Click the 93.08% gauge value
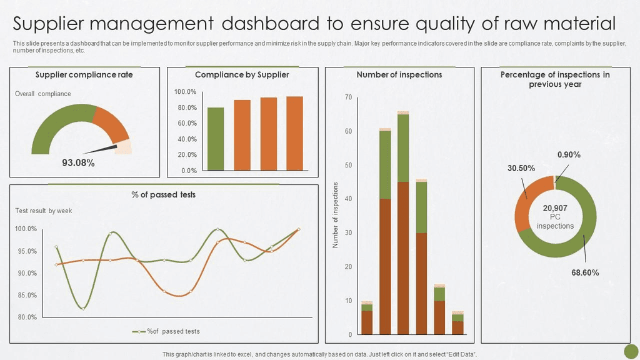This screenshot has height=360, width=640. coord(78,163)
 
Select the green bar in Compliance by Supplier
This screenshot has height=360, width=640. coord(216,139)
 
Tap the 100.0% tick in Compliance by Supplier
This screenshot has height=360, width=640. coord(185,92)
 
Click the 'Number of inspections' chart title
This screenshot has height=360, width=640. coord(399,74)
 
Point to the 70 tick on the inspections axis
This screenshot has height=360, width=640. coord(348,97)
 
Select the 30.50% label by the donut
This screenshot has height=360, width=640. coord(521,168)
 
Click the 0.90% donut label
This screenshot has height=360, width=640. coord(569,154)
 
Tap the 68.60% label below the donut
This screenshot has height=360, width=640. coord(585,272)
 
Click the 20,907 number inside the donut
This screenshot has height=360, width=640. coord(555,208)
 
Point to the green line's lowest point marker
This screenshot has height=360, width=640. coord(82,309)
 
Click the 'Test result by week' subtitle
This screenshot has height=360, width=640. coord(43,211)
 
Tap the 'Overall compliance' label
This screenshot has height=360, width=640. coord(42,94)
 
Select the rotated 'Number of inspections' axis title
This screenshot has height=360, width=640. coord(336,215)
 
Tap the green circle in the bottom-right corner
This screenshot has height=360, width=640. coord(631,351)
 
